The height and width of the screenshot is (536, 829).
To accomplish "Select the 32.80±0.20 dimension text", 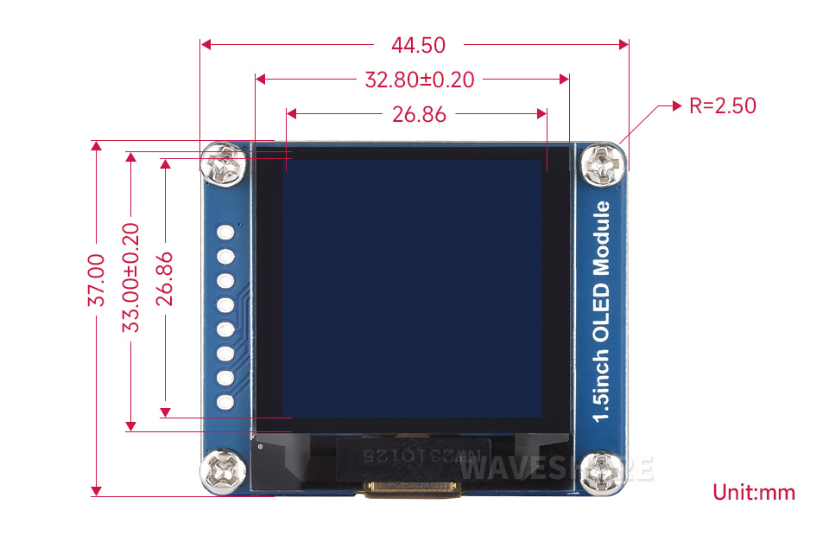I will [420, 80].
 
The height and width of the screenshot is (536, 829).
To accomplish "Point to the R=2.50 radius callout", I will [722, 105].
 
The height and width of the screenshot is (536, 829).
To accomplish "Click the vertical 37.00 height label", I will [97, 279].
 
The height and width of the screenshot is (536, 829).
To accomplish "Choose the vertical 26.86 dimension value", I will [164, 279].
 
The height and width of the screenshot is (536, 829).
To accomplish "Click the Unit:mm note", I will [753, 493].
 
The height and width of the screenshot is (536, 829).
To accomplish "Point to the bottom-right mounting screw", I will [602, 473].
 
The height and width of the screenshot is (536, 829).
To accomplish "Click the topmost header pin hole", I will [227, 233].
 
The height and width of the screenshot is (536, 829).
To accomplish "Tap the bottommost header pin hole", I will [227, 402].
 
